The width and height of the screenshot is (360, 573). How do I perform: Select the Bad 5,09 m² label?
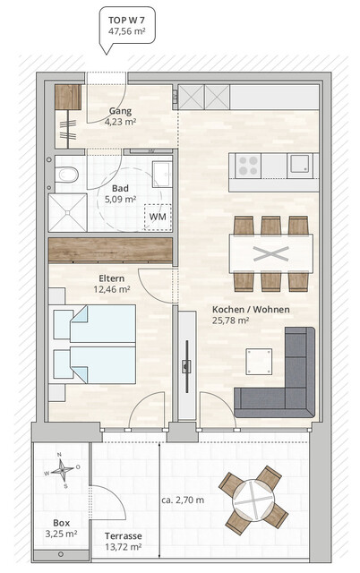(120, 194)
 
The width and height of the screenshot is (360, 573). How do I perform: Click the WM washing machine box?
(157, 216)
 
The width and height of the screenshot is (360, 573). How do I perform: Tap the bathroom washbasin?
(160, 171)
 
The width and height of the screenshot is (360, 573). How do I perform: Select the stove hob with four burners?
(246, 165)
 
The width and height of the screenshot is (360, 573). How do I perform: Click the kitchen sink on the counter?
(299, 165)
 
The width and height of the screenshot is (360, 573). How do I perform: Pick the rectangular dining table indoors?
(270, 252)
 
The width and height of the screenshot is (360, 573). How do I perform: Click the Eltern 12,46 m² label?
(112, 284)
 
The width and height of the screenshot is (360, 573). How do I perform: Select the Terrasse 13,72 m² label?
(127, 541)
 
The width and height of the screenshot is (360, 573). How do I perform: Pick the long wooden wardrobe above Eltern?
(109, 250)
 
